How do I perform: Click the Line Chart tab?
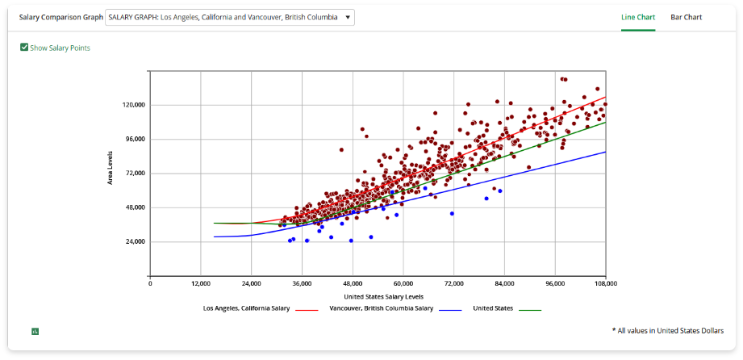637,17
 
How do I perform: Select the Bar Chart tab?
686,17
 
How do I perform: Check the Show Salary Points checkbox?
24,48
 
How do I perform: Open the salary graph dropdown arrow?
348,17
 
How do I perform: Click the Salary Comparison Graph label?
61,17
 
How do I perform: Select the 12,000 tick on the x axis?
200,284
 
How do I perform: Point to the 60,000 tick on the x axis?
403,284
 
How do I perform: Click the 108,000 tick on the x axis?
605,284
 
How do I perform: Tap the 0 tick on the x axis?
150,284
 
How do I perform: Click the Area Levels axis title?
110,167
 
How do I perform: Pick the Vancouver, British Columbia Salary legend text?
382,308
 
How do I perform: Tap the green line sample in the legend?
529,309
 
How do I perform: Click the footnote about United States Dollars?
667,330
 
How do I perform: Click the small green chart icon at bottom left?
35,331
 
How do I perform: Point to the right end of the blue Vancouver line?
604,152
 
